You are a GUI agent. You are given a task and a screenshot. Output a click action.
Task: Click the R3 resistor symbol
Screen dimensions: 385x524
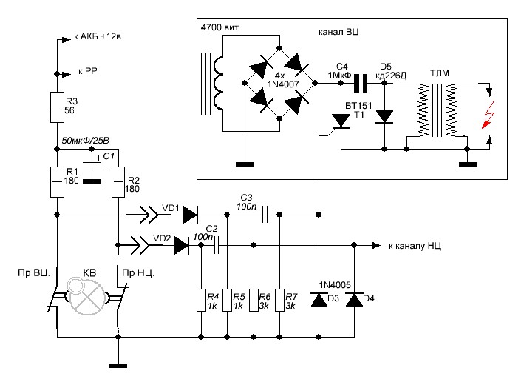coord(56,106)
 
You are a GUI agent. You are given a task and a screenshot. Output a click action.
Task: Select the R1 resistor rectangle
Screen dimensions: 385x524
coord(56,181)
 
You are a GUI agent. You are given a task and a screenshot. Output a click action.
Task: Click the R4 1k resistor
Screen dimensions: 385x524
coord(200,301)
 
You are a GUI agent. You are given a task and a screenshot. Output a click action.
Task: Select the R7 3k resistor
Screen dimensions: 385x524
coord(279,301)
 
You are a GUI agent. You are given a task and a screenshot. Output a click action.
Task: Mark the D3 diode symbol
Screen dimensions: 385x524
coord(319,299)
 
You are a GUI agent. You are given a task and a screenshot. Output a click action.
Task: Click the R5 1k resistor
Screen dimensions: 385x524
coord(226,301)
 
